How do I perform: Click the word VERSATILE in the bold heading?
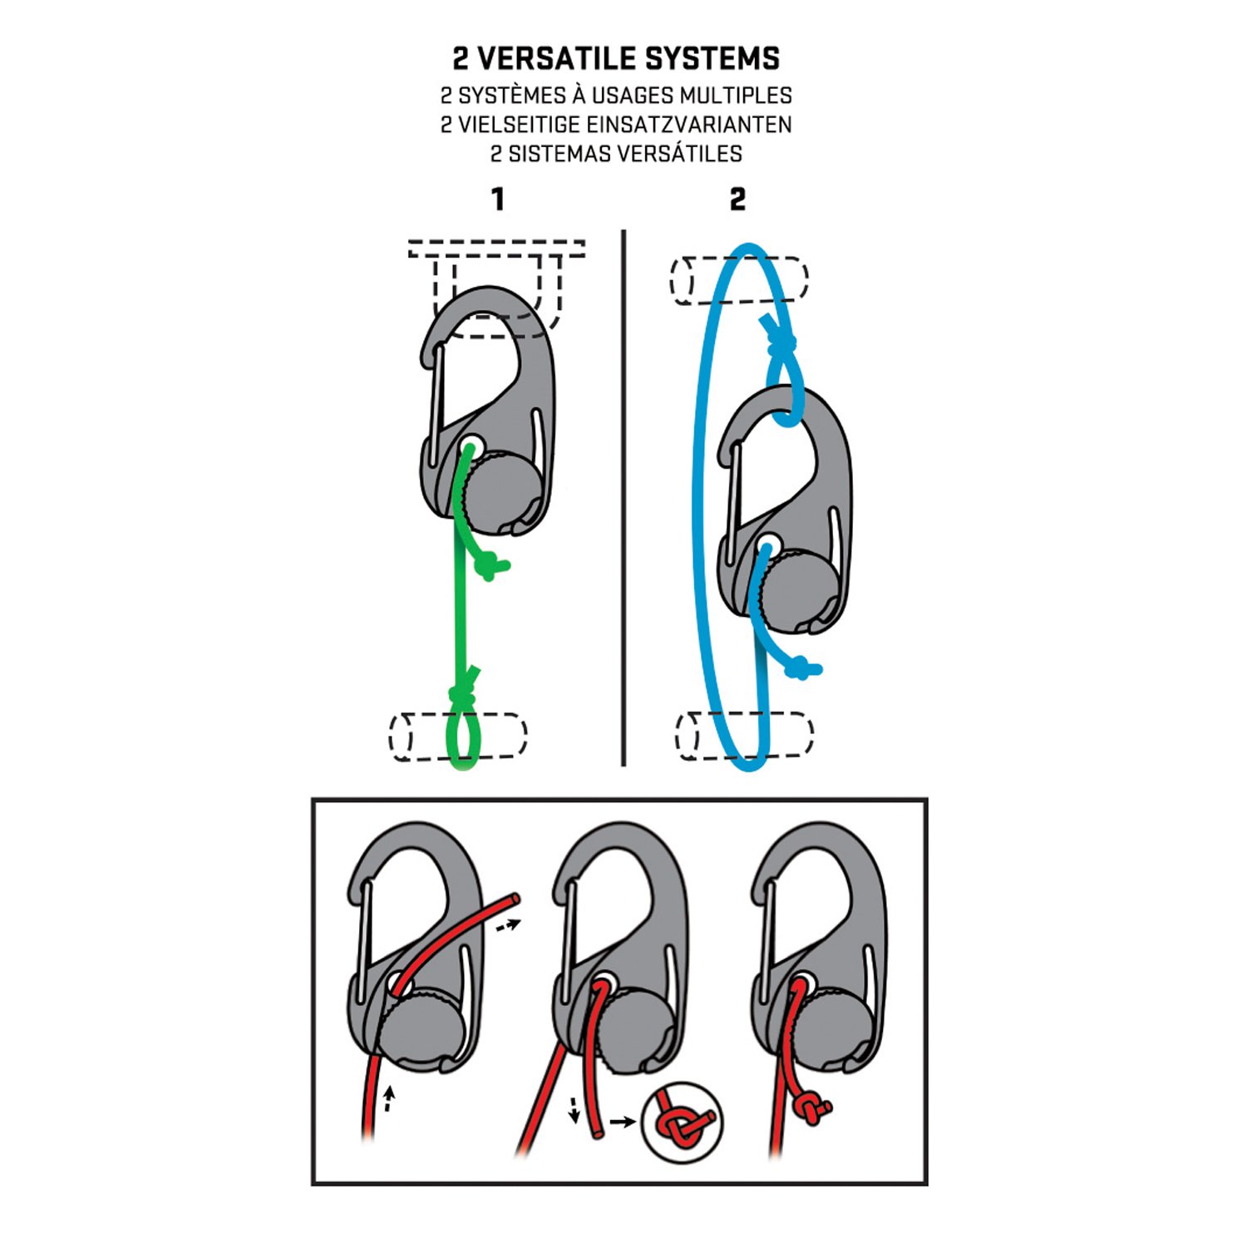click(x=558, y=59)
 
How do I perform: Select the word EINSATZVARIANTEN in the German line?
click(x=688, y=125)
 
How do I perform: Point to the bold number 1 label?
click(x=497, y=200)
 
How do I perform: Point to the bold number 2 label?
click(x=737, y=200)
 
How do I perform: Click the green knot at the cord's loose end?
click(x=490, y=567)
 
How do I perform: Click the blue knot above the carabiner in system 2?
click(x=779, y=341)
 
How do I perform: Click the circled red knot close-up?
click(x=682, y=1122)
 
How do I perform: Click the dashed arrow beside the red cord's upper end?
click(x=507, y=924)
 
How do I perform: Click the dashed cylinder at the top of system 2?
click(x=740, y=280)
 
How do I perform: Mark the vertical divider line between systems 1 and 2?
click(x=623, y=499)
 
